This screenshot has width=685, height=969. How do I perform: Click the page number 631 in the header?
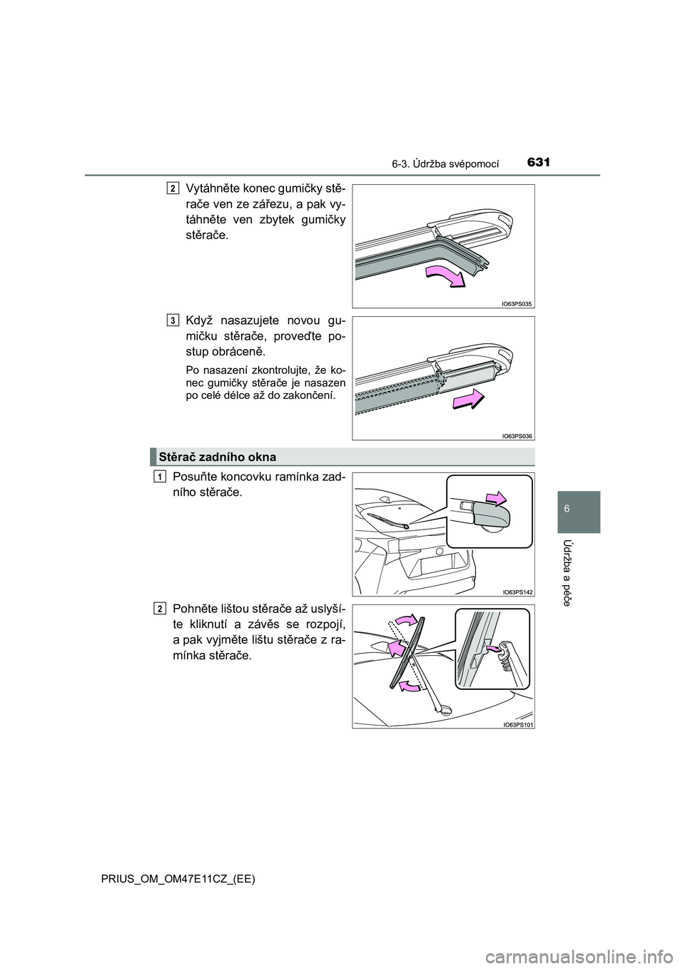click(x=539, y=162)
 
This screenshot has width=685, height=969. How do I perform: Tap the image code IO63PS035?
click(x=517, y=304)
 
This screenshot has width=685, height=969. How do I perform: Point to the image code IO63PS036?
click(x=517, y=436)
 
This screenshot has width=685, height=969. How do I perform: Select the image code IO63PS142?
click(x=517, y=592)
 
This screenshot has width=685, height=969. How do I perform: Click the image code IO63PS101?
click(x=517, y=724)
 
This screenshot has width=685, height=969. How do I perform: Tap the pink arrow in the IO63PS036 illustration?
click(x=469, y=400)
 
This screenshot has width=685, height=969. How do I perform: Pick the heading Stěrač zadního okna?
click(x=218, y=457)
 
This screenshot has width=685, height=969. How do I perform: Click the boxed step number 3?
click(x=173, y=320)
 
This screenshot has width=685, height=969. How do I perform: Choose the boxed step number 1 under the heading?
click(x=160, y=477)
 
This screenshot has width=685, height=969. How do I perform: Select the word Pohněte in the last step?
click(x=192, y=609)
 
